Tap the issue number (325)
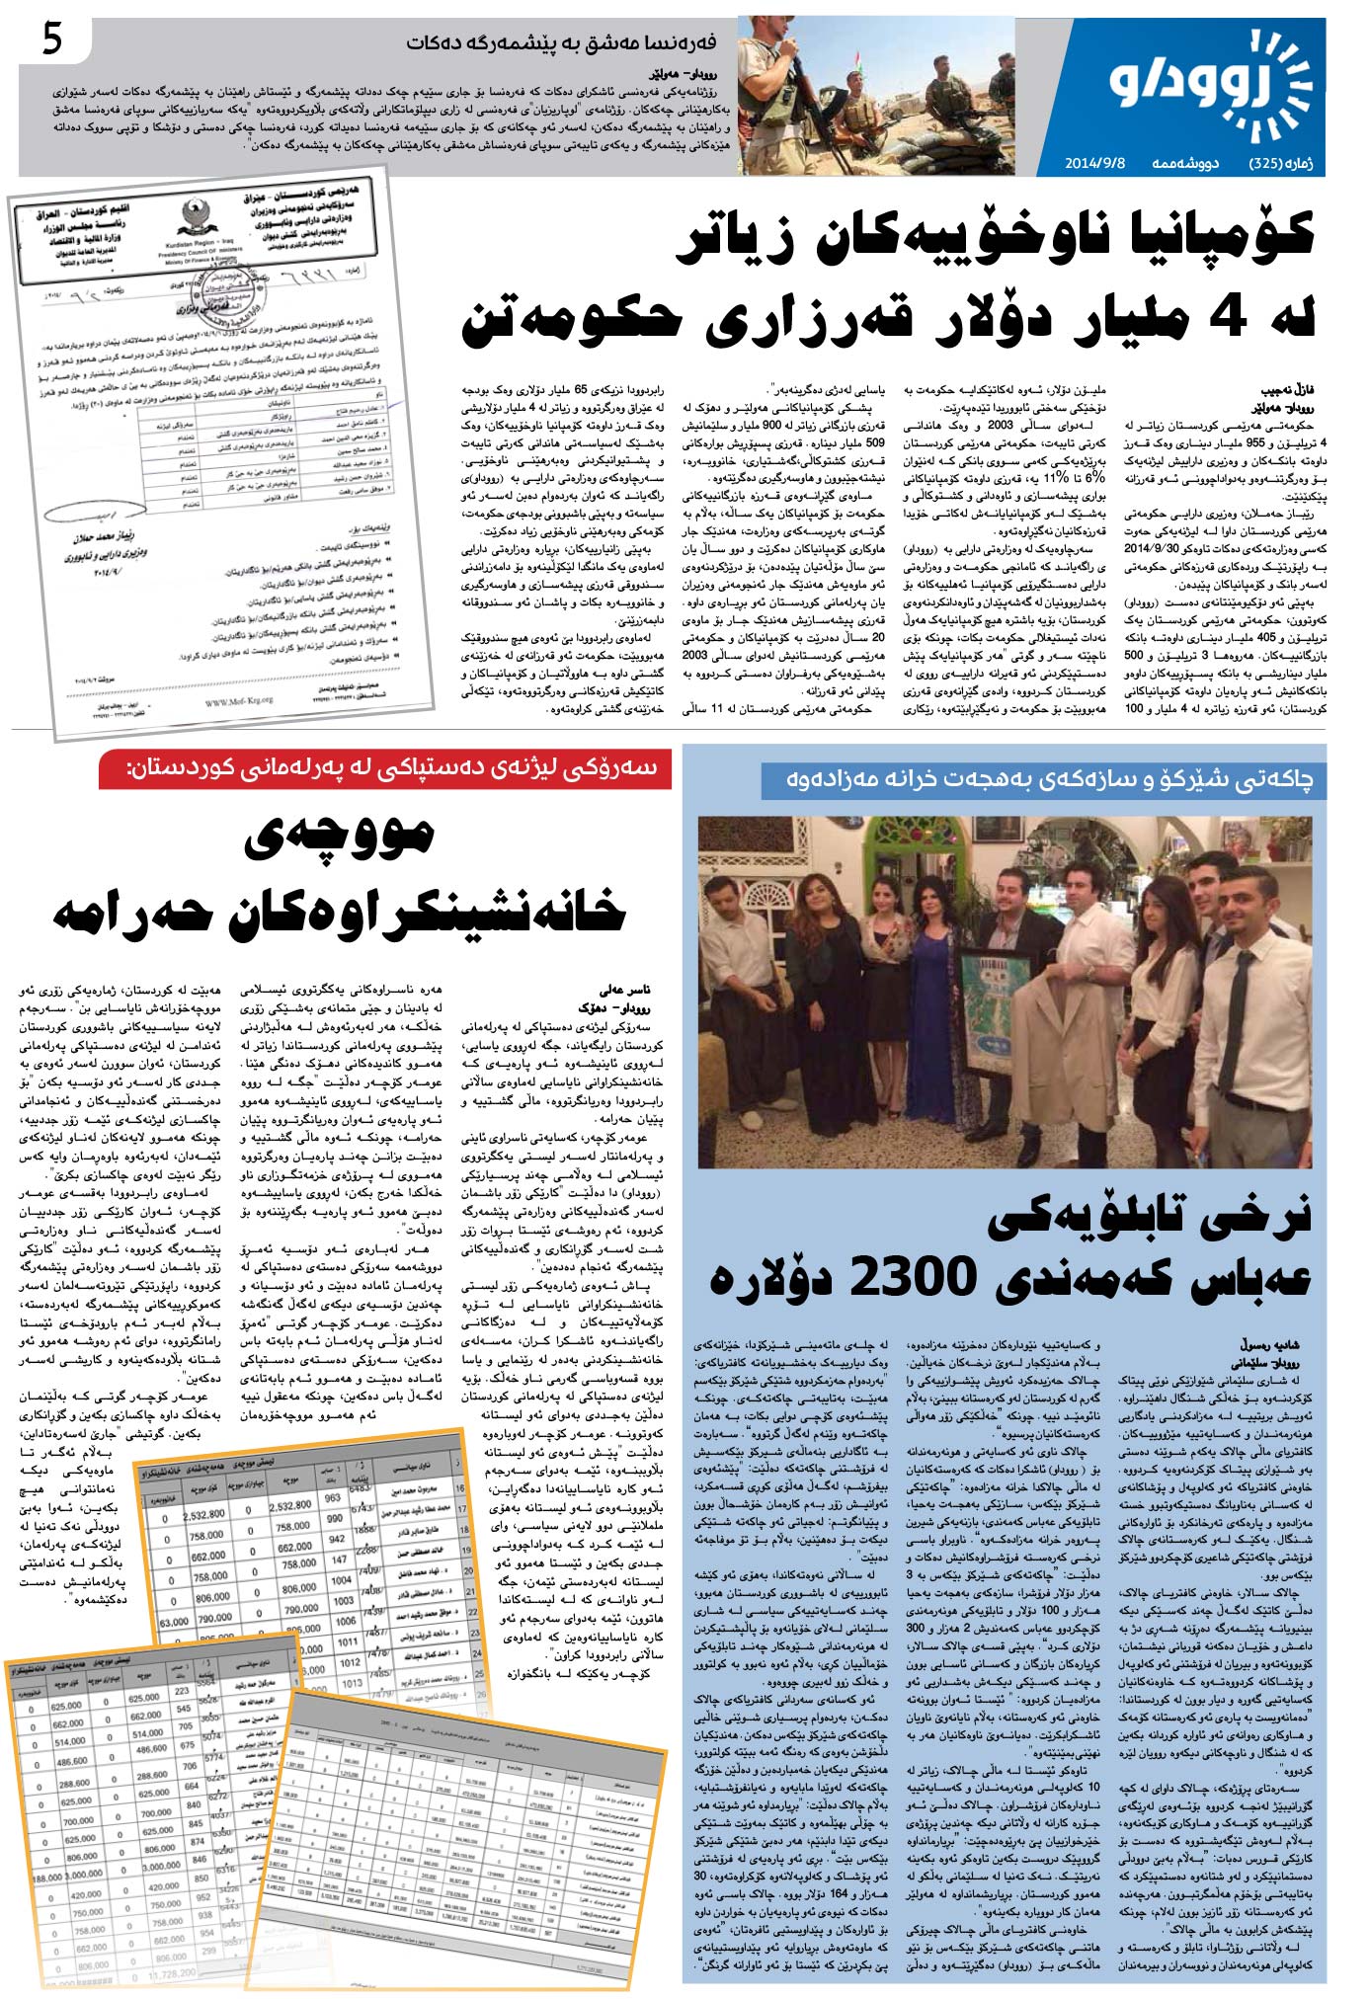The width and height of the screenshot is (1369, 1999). click(1270, 163)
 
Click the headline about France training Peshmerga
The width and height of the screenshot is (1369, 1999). click(561, 43)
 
